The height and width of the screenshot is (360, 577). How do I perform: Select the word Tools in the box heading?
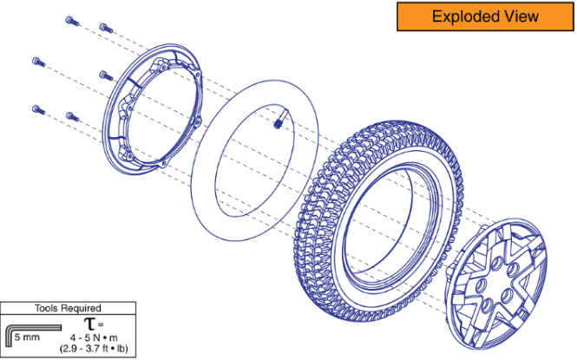click(45, 308)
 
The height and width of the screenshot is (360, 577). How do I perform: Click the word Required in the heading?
click(80, 308)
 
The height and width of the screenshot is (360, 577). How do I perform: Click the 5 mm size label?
click(27, 337)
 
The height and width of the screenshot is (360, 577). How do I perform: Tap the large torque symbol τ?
click(89, 324)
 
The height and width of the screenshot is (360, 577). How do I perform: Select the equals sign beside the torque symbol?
click(101, 325)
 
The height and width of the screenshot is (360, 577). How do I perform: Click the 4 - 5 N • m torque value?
click(94, 337)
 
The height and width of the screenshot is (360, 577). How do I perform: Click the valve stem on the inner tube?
click(279, 121)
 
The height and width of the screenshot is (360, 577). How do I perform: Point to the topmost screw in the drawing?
click(72, 21)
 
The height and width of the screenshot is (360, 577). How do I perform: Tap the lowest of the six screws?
click(73, 117)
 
